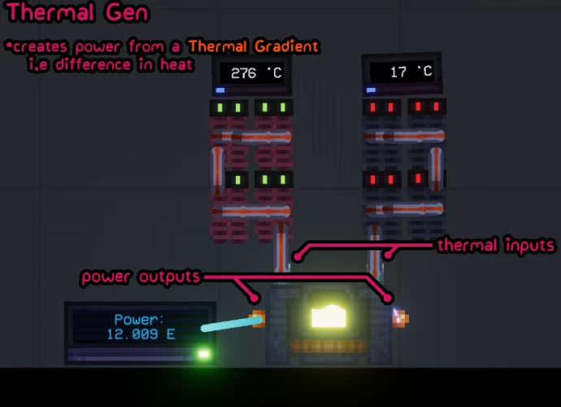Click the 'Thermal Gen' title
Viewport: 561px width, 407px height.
(x=77, y=12)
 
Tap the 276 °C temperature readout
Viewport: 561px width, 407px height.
(x=257, y=73)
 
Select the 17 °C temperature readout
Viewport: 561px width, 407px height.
(x=411, y=72)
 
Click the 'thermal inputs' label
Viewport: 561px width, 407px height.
(x=495, y=246)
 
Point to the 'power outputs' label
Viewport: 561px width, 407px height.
(x=141, y=277)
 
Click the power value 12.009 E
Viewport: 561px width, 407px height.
(x=141, y=335)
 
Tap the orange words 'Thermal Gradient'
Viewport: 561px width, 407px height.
(x=254, y=46)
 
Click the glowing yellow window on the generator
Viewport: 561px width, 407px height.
(x=328, y=316)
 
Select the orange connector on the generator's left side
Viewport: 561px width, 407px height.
(x=259, y=319)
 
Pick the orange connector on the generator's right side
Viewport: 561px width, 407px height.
(x=401, y=319)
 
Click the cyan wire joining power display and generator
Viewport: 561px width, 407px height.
(x=233, y=324)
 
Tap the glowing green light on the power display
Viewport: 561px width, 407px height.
(x=204, y=354)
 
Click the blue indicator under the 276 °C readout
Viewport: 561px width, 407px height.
(x=220, y=90)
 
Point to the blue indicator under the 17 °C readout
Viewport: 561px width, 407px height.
(x=371, y=90)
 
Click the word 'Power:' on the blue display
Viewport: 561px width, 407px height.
(x=139, y=319)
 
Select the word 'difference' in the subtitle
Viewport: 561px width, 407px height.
(x=93, y=65)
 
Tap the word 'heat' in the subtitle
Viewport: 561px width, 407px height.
(x=176, y=65)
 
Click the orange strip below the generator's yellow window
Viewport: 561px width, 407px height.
(x=328, y=346)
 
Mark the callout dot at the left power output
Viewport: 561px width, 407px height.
(x=254, y=297)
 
